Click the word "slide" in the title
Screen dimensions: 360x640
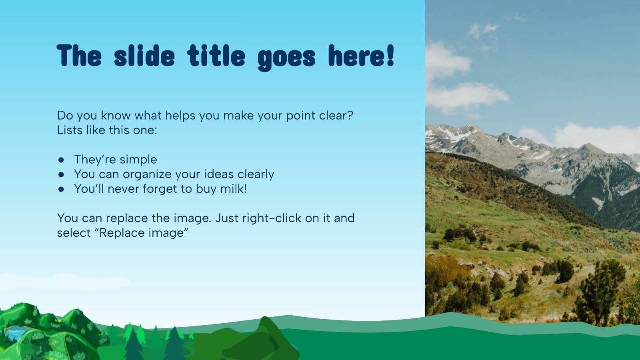[144, 56]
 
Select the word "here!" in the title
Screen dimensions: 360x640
[361, 56]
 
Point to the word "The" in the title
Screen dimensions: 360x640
[79, 56]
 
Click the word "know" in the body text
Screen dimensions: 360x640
[116, 115]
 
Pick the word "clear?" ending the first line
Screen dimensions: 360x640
[336, 115]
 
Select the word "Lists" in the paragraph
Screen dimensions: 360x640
[70, 130]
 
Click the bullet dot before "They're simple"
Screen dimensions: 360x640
[61, 160]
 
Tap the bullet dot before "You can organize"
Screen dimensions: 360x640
[61, 174]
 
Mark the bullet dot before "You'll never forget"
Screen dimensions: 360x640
[61, 189]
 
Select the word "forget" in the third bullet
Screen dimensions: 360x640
[162, 189]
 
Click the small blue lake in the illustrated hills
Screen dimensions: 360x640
[15, 332]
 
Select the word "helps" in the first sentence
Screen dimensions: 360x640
[180, 115]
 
